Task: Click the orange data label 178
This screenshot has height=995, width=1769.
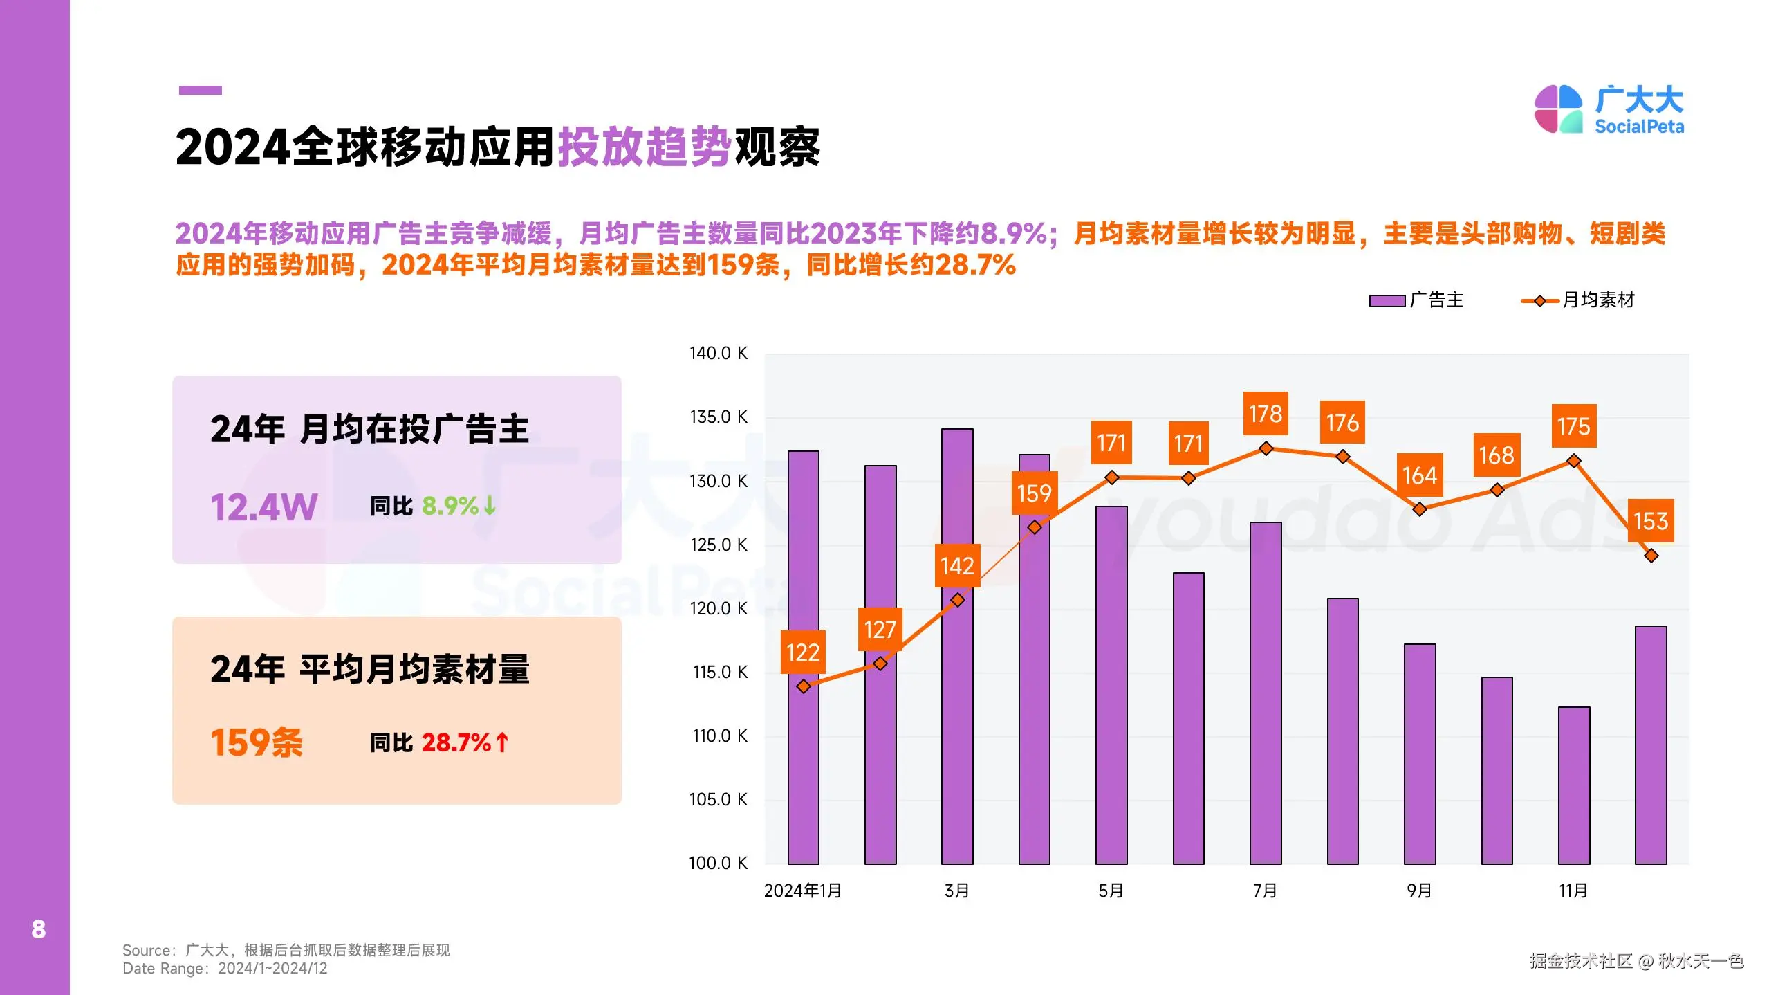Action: [1265, 414]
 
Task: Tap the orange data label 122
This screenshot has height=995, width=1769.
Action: [802, 652]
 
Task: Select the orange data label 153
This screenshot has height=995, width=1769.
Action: [1650, 520]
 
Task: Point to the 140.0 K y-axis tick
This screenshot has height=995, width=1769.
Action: [718, 354]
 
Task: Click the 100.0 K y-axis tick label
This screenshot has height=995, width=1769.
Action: [718, 863]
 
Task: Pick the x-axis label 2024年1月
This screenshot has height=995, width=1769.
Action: [802, 891]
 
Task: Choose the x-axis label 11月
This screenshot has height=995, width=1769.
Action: [1573, 891]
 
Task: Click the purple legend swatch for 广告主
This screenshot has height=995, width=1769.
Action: [1387, 301]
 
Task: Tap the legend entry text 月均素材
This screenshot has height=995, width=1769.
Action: [1598, 300]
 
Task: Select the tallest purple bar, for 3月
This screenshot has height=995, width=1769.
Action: [957, 646]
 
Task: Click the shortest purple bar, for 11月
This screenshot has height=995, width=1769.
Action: [1573, 785]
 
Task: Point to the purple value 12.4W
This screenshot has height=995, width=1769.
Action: [263, 507]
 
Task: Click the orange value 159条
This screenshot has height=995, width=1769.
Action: [257, 742]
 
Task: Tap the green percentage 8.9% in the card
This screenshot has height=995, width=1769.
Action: [450, 506]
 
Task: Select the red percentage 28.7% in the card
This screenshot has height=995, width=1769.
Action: [456, 742]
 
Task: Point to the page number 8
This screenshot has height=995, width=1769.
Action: [39, 929]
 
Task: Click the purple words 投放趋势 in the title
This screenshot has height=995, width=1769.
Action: [645, 147]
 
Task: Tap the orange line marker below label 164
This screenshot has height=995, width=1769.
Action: [1419, 509]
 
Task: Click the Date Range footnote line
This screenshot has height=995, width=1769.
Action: [225, 969]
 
